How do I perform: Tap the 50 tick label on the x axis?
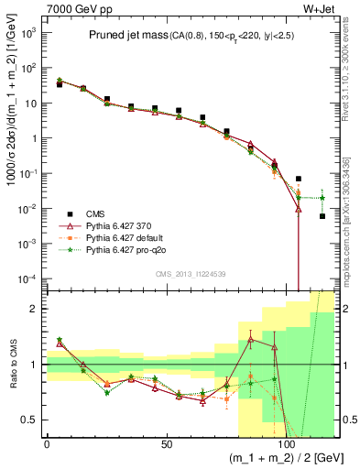point(167,444)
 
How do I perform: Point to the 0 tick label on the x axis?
point(48,444)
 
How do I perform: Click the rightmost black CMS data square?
point(322,216)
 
